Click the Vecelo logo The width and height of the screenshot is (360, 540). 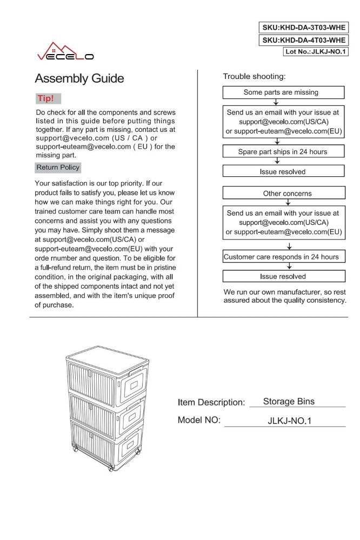coord(64,51)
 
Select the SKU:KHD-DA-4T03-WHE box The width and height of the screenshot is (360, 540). coord(304,40)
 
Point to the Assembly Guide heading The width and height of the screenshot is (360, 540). coord(79,79)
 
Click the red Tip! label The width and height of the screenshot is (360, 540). coord(48,99)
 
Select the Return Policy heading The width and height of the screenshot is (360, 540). coord(58,168)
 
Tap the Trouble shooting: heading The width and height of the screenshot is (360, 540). coord(254,77)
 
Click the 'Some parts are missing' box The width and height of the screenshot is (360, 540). coord(281,92)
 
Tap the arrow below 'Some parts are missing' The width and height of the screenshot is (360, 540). coord(277,102)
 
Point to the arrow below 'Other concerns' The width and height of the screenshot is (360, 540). coord(288,203)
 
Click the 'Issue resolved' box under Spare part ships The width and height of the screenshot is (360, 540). coord(282,172)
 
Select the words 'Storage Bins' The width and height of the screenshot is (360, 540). coord(289,402)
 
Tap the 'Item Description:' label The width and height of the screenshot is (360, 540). coord(211,403)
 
